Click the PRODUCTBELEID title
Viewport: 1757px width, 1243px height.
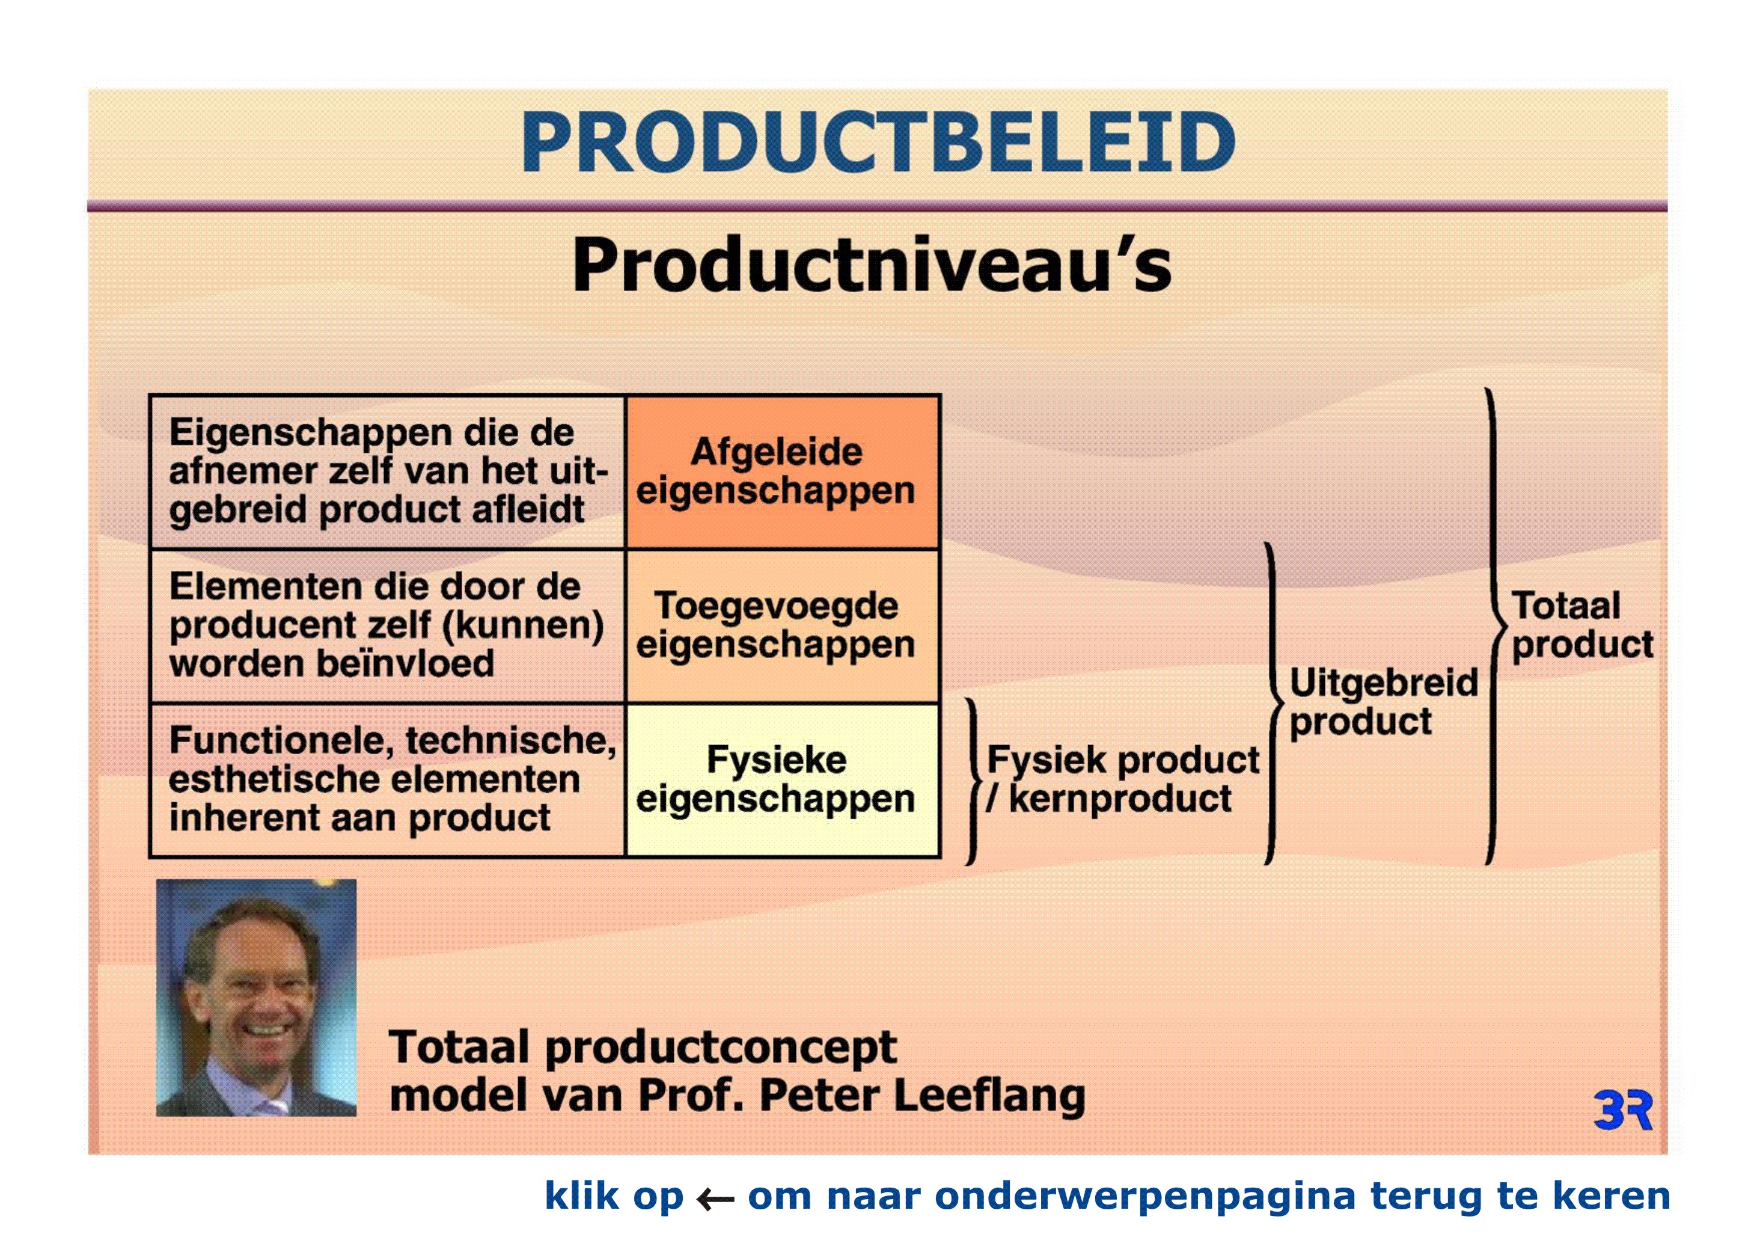878,143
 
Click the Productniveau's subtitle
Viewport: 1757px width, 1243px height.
872,264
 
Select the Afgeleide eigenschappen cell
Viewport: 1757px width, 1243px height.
782,472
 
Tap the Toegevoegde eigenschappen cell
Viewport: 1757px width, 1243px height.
782,626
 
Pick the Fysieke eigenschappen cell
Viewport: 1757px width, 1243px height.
782,780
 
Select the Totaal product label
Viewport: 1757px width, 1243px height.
1581,625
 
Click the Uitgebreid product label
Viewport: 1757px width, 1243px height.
1384,702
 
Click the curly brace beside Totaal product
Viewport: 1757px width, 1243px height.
1493,626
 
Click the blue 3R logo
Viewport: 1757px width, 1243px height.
1623,1111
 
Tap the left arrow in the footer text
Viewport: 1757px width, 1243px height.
715,1198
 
